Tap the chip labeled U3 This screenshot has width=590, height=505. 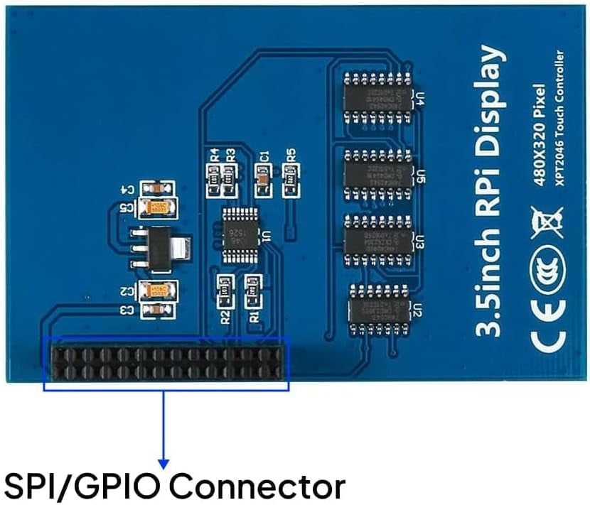(377, 236)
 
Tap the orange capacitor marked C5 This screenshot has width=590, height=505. (157, 207)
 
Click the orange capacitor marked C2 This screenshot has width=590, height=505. (158, 290)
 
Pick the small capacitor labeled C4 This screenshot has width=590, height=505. (156, 188)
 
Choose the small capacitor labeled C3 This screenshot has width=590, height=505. (156, 310)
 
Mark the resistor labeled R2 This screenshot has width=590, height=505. (224, 289)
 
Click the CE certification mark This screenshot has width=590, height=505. (546, 310)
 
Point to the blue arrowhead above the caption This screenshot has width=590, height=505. (164, 463)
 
